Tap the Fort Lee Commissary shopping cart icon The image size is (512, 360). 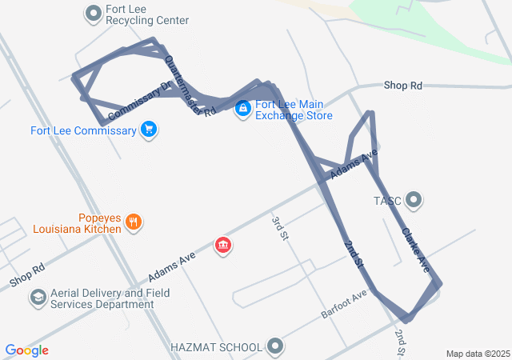pyautogui.click(x=148, y=129)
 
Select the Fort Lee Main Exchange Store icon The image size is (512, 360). pyautogui.click(x=242, y=109)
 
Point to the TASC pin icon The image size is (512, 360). pyautogui.click(x=414, y=199)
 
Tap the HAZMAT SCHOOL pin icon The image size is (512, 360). pyautogui.click(x=276, y=346)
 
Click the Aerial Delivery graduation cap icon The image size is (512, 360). pyautogui.click(x=38, y=298)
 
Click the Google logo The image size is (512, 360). pyautogui.click(x=26, y=350)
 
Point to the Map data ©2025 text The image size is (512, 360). pyautogui.click(x=478, y=354)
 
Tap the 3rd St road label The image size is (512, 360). pyautogui.click(x=279, y=228)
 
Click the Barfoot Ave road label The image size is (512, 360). pyautogui.click(x=345, y=303)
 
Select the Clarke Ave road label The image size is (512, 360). pyautogui.click(x=420, y=250)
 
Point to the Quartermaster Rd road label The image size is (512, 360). pyautogui.click(x=190, y=86)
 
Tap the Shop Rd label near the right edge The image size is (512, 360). pyautogui.click(x=402, y=85)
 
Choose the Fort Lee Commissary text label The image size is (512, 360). pyautogui.click(x=83, y=130)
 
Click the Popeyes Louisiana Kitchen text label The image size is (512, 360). pyautogui.click(x=77, y=222)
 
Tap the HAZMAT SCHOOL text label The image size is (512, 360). pyautogui.click(x=216, y=347)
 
